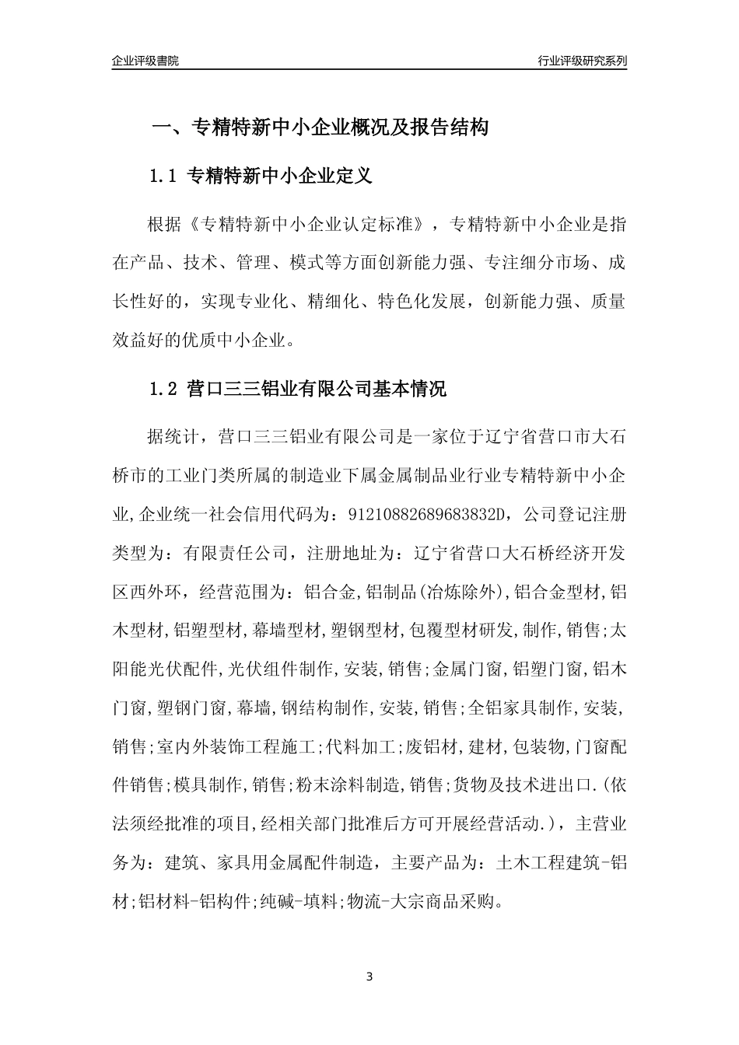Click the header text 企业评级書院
(x=145, y=61)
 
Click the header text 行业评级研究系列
(x=582, y=61)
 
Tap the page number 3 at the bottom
(x=369, y=976)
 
